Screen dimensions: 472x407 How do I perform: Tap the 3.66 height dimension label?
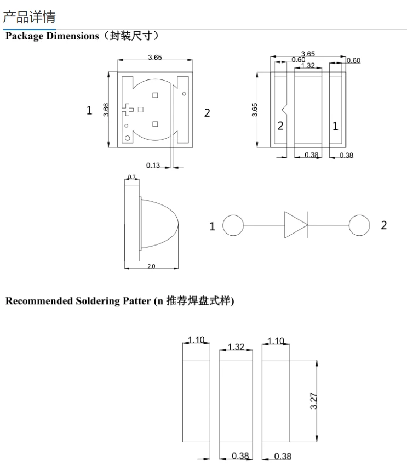click(x=106, y=110)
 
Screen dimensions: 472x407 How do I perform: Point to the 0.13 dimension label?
click(x=153, y=165)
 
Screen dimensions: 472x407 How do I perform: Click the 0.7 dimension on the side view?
click(x=131, y=177)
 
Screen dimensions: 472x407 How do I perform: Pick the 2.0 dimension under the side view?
click(x=151, y=266)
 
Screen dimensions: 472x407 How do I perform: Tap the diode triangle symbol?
click(x=295, y=225)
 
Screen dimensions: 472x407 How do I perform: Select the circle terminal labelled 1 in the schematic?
click(x=233, y=225)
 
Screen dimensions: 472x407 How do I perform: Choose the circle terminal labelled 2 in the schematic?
click(x=359, y=225)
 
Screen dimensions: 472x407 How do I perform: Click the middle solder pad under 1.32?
click(x=236, y=400)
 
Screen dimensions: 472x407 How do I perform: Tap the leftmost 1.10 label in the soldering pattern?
click(x=196, y=340)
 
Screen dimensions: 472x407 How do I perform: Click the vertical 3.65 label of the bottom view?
click(x=255, y=110)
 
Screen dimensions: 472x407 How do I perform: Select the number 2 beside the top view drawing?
click(x=207, y=113)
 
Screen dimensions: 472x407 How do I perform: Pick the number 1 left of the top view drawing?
click(x=89, y=111)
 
